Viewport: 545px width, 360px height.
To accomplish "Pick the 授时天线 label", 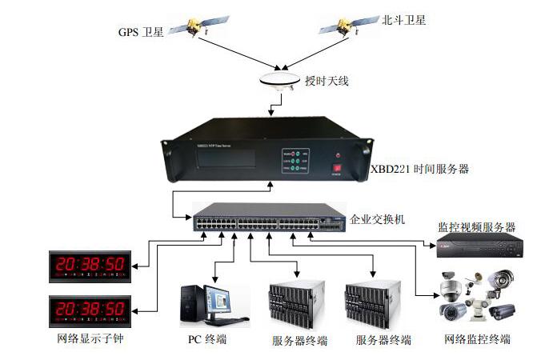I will tap(327, 81).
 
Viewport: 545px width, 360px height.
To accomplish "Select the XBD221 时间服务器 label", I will tap(419, 170).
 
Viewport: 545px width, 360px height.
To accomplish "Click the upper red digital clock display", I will tap(87, 264).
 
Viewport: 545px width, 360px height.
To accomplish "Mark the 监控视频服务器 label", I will tap(476, 227).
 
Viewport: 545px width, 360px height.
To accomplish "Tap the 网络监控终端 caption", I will tap(477, 340).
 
